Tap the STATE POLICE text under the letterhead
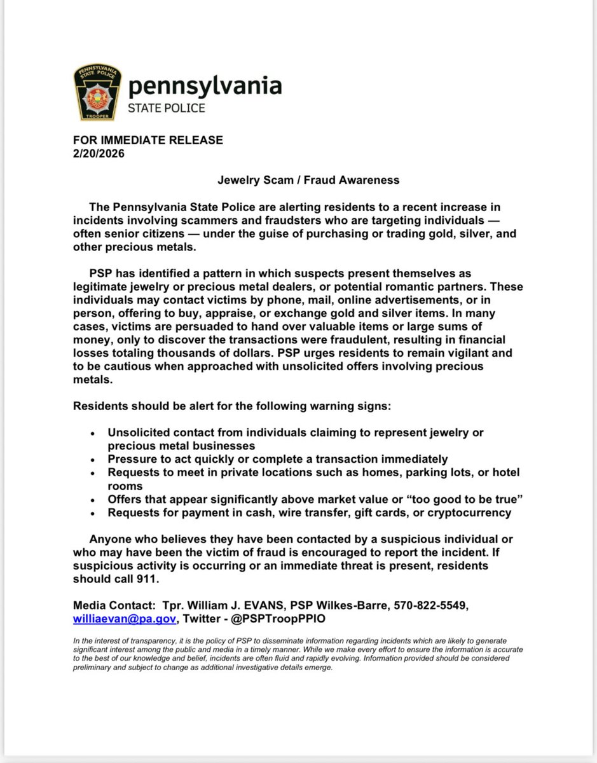point(167,107)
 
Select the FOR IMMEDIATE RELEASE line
point(148,140)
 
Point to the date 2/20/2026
point(99,153)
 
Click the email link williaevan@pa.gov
point(125,617)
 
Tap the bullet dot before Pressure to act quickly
point(93,460)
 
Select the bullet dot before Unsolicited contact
point(93,433)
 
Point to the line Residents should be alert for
point(227,406)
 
